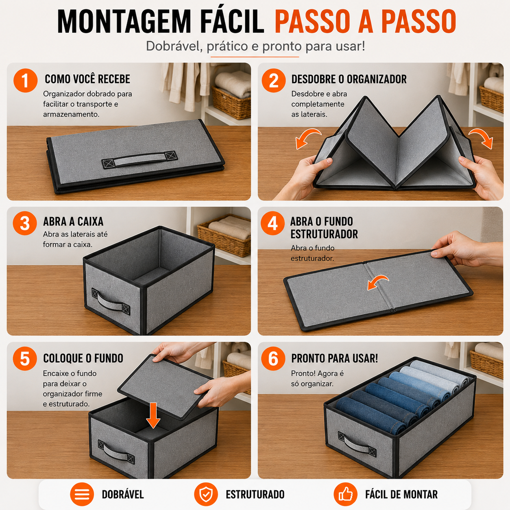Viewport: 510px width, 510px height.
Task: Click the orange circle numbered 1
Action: (25, 81)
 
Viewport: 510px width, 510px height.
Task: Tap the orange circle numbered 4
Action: (272, 223)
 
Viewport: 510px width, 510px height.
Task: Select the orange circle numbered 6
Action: (273, 358)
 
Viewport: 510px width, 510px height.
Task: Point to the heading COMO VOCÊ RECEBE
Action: (87, 79)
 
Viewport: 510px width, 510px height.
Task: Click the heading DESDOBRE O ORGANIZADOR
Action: (349, 79)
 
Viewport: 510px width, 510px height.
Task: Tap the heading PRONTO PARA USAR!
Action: (335, 358)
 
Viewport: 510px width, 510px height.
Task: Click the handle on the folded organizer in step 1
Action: (139, 159)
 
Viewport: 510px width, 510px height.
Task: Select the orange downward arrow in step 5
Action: (153, 415)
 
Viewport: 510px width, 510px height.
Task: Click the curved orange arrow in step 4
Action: (377, 281)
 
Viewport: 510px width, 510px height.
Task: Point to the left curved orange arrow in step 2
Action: (307, 137)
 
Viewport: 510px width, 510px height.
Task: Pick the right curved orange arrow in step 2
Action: (482, 137)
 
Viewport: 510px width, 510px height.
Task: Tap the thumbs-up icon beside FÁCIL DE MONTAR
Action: (345, 494)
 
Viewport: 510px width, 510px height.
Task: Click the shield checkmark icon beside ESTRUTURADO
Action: (206, 494)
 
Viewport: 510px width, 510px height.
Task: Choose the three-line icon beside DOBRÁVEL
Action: (82, 494)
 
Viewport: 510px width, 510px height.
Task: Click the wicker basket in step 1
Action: (231, 102)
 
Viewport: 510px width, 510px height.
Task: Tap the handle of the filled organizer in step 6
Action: (357, 446)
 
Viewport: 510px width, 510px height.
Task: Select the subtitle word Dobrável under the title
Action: (174, 46)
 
